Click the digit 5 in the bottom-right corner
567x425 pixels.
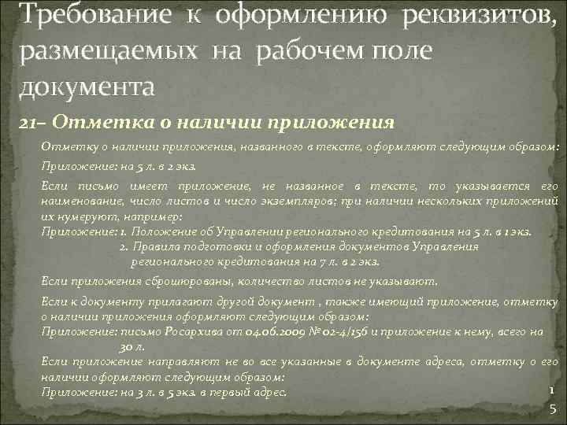coord(552,408)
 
